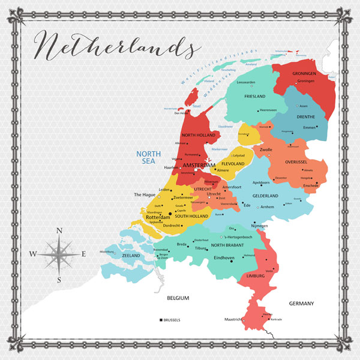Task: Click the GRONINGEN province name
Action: click(304, 73)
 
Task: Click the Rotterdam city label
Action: click(155, 217)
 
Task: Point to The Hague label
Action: click(145, 194)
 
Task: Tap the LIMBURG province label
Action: click(256, 276)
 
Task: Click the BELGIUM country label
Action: click(178, 298)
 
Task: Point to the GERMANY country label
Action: click(301, 304)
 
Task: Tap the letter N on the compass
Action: click(58, 230)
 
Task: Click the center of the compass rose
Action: click(59, 254)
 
